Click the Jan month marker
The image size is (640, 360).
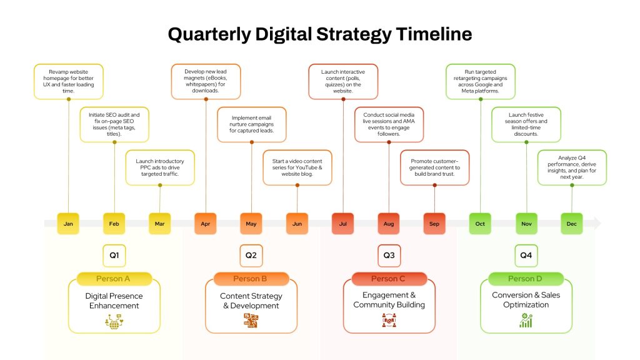[68, 224]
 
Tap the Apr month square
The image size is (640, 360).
[205, 224]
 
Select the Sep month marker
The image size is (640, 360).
[434, 224]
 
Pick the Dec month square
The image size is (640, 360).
[571, 224]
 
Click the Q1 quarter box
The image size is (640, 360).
[114, 256]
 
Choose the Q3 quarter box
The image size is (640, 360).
[389, 256]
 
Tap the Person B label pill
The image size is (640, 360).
[251, 279]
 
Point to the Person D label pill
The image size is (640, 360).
[526, 279]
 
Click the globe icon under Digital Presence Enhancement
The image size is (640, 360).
[114, 322]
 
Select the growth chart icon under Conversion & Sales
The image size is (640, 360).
[526, 321]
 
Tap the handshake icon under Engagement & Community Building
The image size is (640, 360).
[389, 321]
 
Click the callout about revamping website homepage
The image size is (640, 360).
[69, 82]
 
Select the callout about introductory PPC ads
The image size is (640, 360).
[160, 167]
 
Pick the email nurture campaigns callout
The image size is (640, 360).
[251, 124]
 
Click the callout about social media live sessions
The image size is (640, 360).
[389, 124]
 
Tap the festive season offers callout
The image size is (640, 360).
[526, 124]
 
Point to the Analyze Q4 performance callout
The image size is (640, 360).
[572, 167]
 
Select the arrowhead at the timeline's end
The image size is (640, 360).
[597, 223]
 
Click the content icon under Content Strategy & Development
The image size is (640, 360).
[251, 321]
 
